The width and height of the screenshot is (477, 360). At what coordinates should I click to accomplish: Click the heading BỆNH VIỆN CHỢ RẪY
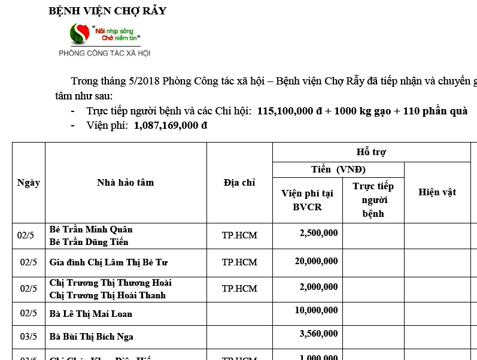point(108,11)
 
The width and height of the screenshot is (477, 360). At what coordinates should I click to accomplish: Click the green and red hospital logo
point(79,34)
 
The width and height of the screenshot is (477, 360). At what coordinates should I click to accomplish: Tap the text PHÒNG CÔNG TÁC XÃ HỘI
point(104,53)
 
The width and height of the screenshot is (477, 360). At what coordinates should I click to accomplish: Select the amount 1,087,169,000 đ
point(171,125)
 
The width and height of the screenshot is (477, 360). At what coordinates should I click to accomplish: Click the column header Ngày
point(28,183)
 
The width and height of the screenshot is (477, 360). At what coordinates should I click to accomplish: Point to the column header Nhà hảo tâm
point(125,183)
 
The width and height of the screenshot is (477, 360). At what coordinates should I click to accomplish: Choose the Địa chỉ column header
point(239,183)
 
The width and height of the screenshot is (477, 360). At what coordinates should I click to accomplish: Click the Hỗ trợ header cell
point(375,152)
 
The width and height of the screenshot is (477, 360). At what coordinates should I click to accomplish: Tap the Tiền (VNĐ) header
point(338,170)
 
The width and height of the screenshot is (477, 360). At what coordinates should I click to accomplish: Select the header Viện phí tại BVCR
point(307,200)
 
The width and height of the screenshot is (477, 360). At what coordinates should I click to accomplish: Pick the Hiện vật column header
point(437,192)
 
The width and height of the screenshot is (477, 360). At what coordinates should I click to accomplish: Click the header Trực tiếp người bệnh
point(373,200)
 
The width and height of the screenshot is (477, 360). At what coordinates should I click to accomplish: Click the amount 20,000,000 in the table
point(316,261)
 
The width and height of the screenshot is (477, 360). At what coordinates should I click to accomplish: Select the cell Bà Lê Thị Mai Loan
point(91,314)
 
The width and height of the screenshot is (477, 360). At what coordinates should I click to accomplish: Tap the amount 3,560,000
point(318,334)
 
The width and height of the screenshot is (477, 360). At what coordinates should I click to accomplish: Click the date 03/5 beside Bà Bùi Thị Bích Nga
point(29,337)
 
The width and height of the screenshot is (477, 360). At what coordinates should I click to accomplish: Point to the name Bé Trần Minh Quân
point(91,229)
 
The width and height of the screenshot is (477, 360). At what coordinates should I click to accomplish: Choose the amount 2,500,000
point(318,232)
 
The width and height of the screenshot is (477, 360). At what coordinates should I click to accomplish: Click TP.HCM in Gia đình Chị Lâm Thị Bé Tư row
point(239,262)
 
